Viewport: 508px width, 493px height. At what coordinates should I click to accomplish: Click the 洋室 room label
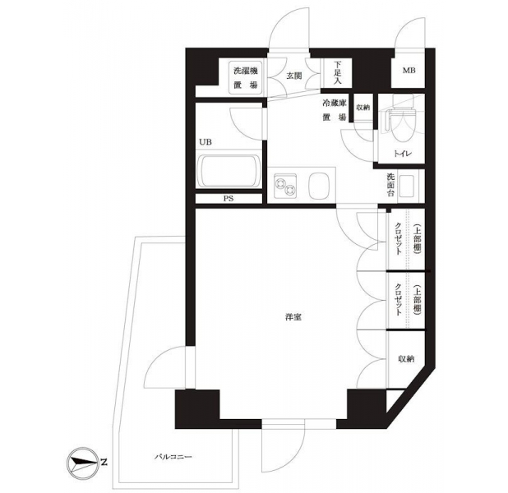pos(293,317)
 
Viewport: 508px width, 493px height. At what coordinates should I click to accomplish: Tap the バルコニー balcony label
pos(173,457)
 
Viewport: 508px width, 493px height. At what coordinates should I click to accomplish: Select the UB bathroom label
pos(206,142)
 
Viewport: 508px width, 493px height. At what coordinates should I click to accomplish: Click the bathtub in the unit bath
pos(229,172)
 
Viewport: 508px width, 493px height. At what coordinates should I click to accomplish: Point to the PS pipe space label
pos(229,199)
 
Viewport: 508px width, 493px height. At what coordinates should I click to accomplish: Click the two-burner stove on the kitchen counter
pos(284,186)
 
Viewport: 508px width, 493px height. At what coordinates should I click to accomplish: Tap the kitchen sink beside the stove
pos(319,186)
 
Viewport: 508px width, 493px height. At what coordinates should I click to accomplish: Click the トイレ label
pos(403,153)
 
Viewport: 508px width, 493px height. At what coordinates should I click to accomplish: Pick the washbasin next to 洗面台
pos(407,187)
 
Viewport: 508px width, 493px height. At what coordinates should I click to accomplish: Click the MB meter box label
pos(409,70)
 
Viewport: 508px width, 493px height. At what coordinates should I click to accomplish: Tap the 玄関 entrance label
pos(293,76)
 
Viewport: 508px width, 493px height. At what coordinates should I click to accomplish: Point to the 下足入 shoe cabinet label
pos(337,73)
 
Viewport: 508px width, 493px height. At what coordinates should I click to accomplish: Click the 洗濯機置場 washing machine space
pos(246,78)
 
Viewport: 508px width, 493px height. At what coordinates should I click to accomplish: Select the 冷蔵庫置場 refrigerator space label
pos(335,111)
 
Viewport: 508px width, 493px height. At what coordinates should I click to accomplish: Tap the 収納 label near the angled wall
pos(406,358)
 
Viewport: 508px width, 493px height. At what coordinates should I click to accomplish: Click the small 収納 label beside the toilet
pos(363,108)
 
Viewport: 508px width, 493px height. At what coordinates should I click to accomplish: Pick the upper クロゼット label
pos(398,239)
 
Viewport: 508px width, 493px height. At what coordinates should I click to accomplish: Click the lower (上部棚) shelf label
pos(418,298)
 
